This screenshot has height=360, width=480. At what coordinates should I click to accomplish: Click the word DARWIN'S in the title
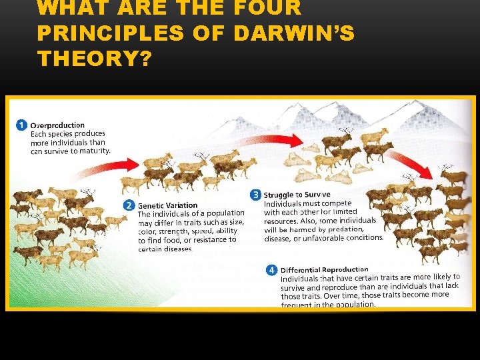pyautogui.click(x=293, y=33)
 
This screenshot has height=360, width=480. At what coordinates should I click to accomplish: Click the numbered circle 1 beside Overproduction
pyautogui.click(x=21, y=125)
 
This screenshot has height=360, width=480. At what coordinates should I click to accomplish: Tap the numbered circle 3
pyautogui.click(x=255, y=195)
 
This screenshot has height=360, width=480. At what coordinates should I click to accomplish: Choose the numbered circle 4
pyautogui.click(x=271, y=270)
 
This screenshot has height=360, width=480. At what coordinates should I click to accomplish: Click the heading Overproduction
pyautogui.click(x=57, y=125)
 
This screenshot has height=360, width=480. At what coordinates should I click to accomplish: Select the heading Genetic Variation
pyautogui.click(x=168, y=205)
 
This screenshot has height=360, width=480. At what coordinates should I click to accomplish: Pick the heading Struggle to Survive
pyautogui.click(x=297, y=195)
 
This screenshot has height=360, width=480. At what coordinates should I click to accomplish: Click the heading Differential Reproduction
pyautogui.click(x=324, y=270)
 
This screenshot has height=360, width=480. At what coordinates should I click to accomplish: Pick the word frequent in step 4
pyautogui.click(x=299, y=304)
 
